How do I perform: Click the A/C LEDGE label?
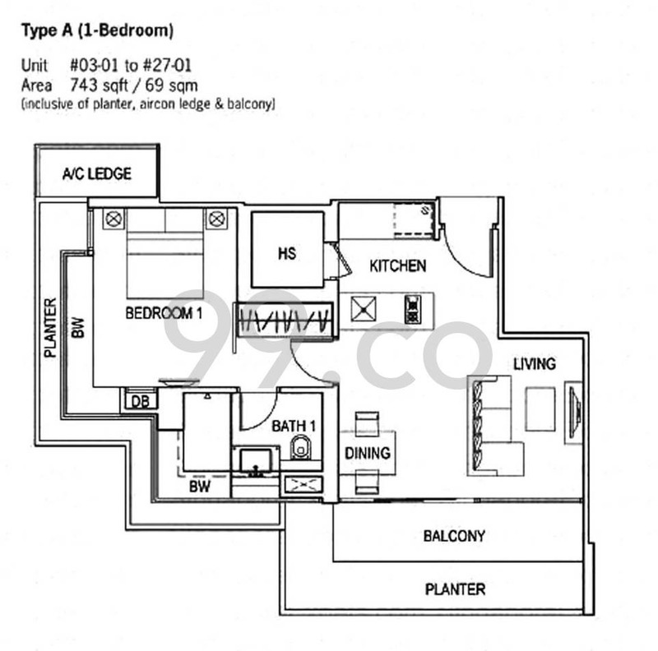coord(97,174)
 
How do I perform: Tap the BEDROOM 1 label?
coord(164,313)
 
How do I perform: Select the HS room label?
coord(286,254)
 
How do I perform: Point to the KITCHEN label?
coord(397,265)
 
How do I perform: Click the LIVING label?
coord(534,363)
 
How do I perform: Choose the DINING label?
coord(367,453)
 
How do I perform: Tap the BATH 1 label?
coord(294,426)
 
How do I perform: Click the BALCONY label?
coord(454,537)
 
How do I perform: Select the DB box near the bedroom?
coord(140,402)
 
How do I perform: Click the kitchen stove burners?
coord(412,309)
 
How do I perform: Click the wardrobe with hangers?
coord(285,318)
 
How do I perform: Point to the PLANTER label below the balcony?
coord(455,589)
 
